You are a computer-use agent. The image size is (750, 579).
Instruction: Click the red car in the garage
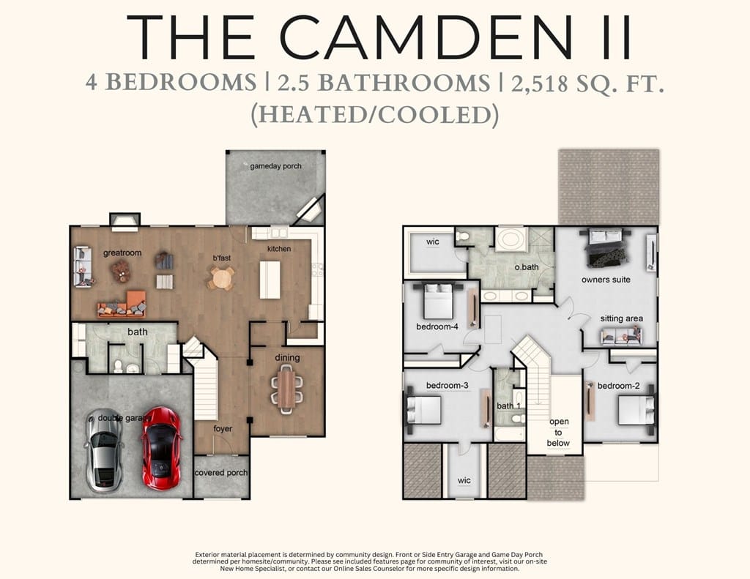point(162,449)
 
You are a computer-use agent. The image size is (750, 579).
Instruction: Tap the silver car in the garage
point(103,450)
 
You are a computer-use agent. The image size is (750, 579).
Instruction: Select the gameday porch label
point(276,166)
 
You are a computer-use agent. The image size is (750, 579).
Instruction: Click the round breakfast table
point(221,277)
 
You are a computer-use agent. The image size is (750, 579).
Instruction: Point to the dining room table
point(287,386)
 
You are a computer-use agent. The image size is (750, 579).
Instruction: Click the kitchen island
point(270,280)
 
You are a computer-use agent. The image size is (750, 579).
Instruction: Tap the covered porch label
point(221,472)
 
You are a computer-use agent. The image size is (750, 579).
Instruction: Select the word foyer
point(223,429)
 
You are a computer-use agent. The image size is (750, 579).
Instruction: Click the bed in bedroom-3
point(424,410)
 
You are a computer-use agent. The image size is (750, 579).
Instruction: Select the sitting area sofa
point(621,335)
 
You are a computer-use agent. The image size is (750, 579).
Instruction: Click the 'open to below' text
point(559,432)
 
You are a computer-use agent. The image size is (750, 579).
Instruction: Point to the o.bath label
point(527,267)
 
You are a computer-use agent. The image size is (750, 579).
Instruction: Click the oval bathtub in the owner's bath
point(510,239)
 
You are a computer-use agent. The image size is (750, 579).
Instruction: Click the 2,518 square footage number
point(540,84)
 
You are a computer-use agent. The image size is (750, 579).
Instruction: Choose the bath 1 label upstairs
point(509,406)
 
